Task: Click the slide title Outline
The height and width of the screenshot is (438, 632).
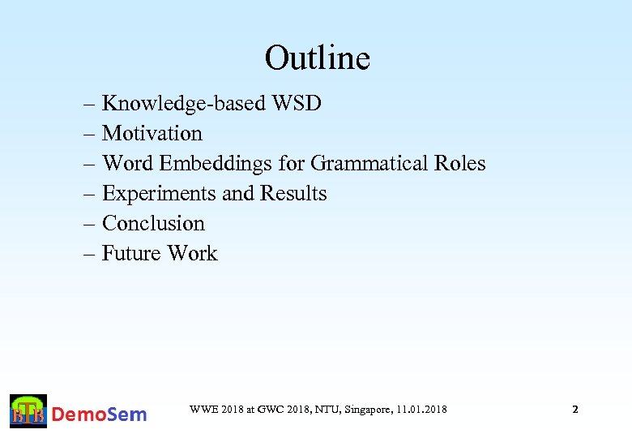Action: (317, 58)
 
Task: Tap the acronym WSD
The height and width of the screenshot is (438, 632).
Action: (298, 104)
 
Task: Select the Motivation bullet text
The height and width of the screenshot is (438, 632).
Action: (152, 133)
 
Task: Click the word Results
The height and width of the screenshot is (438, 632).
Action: (293, 194)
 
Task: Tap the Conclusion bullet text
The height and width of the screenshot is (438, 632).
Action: (153, 224)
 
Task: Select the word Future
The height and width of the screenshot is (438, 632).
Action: (131, 254)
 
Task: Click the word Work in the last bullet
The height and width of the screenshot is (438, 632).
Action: (192, 254)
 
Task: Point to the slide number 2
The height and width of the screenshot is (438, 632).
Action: (575, 410)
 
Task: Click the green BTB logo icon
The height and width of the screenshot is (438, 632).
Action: (28, 411)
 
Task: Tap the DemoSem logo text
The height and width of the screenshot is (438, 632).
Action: (100, 414)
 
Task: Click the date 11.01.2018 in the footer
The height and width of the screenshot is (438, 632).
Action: (421, 410)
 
